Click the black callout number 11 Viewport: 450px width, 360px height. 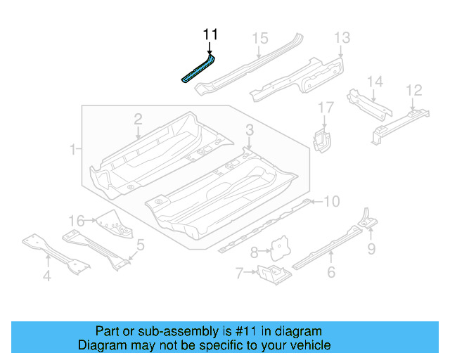pyautogui.click(x=211, y=34)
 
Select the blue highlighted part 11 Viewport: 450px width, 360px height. pyautogui.click(x=198, y=70)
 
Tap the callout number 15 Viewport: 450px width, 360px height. pyautogui.click(x=261, y=38)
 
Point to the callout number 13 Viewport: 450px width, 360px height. pyautogui.click(x=342, y=37)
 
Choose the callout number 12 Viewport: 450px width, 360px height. pyautogui.click(x=414, y=90)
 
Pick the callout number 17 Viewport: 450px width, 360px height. pyautogui.click(x=326, y=108)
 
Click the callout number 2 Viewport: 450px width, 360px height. pyautogui.click(x=139, y=119)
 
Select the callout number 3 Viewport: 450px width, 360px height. pyautogui.click(x=249, y=129)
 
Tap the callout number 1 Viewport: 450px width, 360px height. pyautogui.click(x=72, y=149)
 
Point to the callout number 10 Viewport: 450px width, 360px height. pyautogui.click(x=331, y=202)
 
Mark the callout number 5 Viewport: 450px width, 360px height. pyautogui.click(x=141, y=245)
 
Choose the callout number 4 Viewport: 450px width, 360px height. pyautogui.click(x=46, y=276)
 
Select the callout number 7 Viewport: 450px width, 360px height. pyautogui.click(x=239, y=272)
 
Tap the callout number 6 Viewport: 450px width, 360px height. pyautogui.click(x=331, y=273)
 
